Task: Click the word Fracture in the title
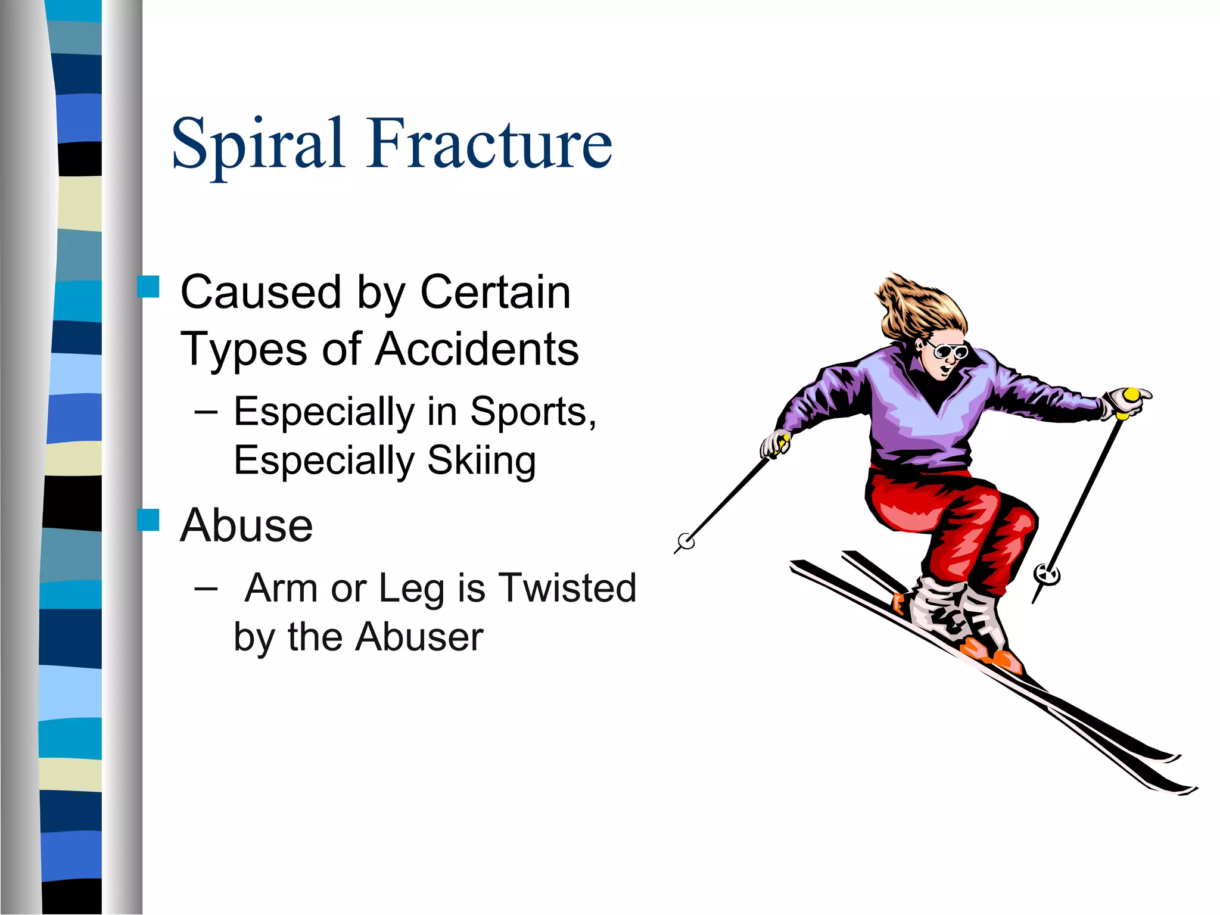point(490,143)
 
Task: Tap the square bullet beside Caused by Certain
point(148,287)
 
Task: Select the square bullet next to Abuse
point(148,520)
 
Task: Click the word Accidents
point(477,349)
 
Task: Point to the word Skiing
point(481,460)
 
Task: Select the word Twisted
point(567,588)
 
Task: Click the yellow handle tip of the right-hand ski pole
point(1131,396)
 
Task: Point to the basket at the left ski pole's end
point(686,541)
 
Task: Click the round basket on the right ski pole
point(1047,575)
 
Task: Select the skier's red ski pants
point(953,518)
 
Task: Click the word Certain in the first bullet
point(495,292)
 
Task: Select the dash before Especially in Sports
point(206,412)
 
